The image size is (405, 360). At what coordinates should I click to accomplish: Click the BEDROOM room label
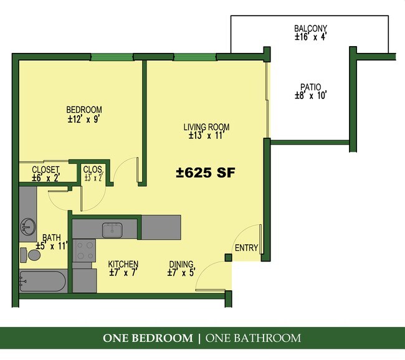coord(84,110)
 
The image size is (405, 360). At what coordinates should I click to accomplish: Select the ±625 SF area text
coord(204,173)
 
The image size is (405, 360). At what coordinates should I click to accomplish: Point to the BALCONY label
coord(310,29)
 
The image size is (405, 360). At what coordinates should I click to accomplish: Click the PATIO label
coord(310,87)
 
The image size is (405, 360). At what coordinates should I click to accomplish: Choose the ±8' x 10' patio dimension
coord(310,96)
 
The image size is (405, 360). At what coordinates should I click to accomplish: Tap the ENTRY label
coord(246,248)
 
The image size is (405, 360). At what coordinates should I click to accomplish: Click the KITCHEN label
coord(123,264)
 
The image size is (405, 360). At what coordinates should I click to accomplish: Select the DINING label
coord(181,264)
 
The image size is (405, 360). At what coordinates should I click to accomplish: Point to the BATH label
coord(52,237)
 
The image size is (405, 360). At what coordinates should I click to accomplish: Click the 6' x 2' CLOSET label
coord(45,169)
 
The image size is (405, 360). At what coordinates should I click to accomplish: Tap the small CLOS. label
coord(93,169)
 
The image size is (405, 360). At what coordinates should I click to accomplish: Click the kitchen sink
coord(113,229)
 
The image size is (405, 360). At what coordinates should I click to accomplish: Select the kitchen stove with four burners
coord(84,250)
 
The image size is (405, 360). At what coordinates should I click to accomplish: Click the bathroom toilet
coord(28,254)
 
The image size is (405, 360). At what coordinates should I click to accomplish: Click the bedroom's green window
coord(112,57)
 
